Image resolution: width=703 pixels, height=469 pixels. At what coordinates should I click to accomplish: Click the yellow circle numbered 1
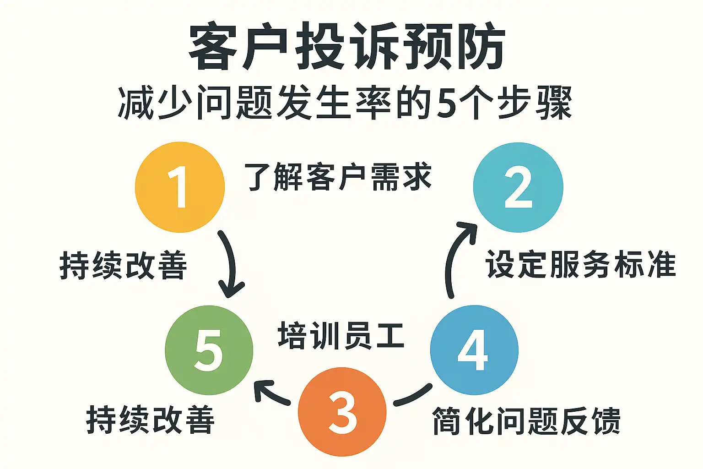tap(179, 187)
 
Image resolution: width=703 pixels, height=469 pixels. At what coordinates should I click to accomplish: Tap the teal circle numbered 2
tap(518, 187)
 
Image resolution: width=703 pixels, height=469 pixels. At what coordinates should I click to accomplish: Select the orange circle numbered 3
tap(342, 412)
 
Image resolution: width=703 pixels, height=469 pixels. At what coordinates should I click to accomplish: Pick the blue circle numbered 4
tap(474, 350)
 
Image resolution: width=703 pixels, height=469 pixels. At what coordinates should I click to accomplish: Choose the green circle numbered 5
tap(209, 350)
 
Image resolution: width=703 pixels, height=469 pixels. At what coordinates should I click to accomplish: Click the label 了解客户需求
tap(338, 177)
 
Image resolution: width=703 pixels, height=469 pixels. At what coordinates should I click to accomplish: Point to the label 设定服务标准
tap(580, 264)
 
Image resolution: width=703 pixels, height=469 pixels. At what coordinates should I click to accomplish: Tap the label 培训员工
tap(341, 336)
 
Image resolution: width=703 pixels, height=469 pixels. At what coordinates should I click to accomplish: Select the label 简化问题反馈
tap(526, 420)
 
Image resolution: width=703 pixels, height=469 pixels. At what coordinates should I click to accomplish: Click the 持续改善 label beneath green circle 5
tap(150, 420)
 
